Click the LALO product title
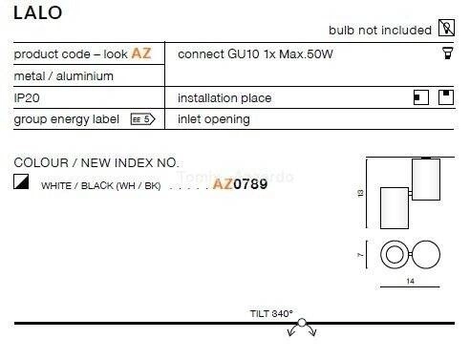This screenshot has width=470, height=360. point(37,12)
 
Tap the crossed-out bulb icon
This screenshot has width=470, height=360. point(446,28)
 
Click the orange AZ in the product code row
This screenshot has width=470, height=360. point(141,53)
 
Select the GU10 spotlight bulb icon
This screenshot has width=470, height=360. point(448,53)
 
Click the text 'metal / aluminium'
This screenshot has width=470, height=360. point(64,76)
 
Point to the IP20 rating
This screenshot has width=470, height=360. point(27,97)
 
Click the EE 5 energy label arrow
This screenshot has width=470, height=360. point(142,119)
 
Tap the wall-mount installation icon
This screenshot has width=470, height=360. point(420,97)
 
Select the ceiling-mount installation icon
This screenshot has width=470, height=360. point(446,97)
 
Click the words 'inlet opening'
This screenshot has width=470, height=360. point(214,119)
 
